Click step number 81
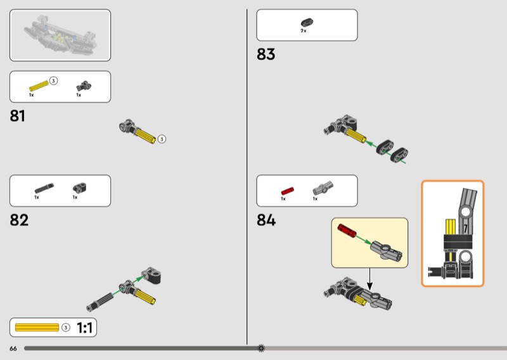point(18,116)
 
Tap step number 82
point(20,221)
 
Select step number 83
point(266,55)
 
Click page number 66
point(13,349)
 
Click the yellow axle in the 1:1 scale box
point(37,328)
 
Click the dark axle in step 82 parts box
point(44,188)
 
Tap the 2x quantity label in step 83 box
point(304,31)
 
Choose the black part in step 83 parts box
point(306,23)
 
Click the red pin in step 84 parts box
point(286,190)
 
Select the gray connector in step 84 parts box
point(323,188)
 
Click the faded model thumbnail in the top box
point(60,35)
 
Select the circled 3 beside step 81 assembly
point(162,139)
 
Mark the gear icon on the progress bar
point(261,348)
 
